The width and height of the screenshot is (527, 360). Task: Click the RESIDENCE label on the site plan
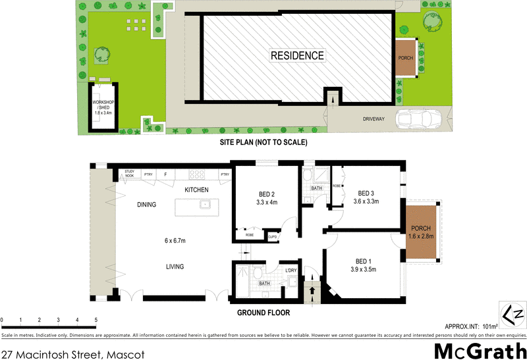[x=298, y=55]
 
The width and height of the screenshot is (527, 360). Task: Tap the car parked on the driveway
[x=422, y=119]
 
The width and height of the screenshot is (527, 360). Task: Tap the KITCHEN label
[x=196, y=190]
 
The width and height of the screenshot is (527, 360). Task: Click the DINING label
[x=146, y=205]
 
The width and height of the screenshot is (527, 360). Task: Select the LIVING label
[x=175, y=267]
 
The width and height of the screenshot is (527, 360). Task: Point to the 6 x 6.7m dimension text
[x=175, y=240]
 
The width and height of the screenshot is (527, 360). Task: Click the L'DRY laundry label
[x=291, y=270]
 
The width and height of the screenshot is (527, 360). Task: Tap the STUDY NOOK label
[x=129, y=174]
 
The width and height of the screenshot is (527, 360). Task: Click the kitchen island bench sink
[x=206, y=205]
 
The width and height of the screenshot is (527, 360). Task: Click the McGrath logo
[x=480, y=349]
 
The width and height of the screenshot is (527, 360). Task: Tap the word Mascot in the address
[x=125, y=355]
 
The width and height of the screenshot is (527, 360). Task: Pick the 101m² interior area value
[x=488, y=325]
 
